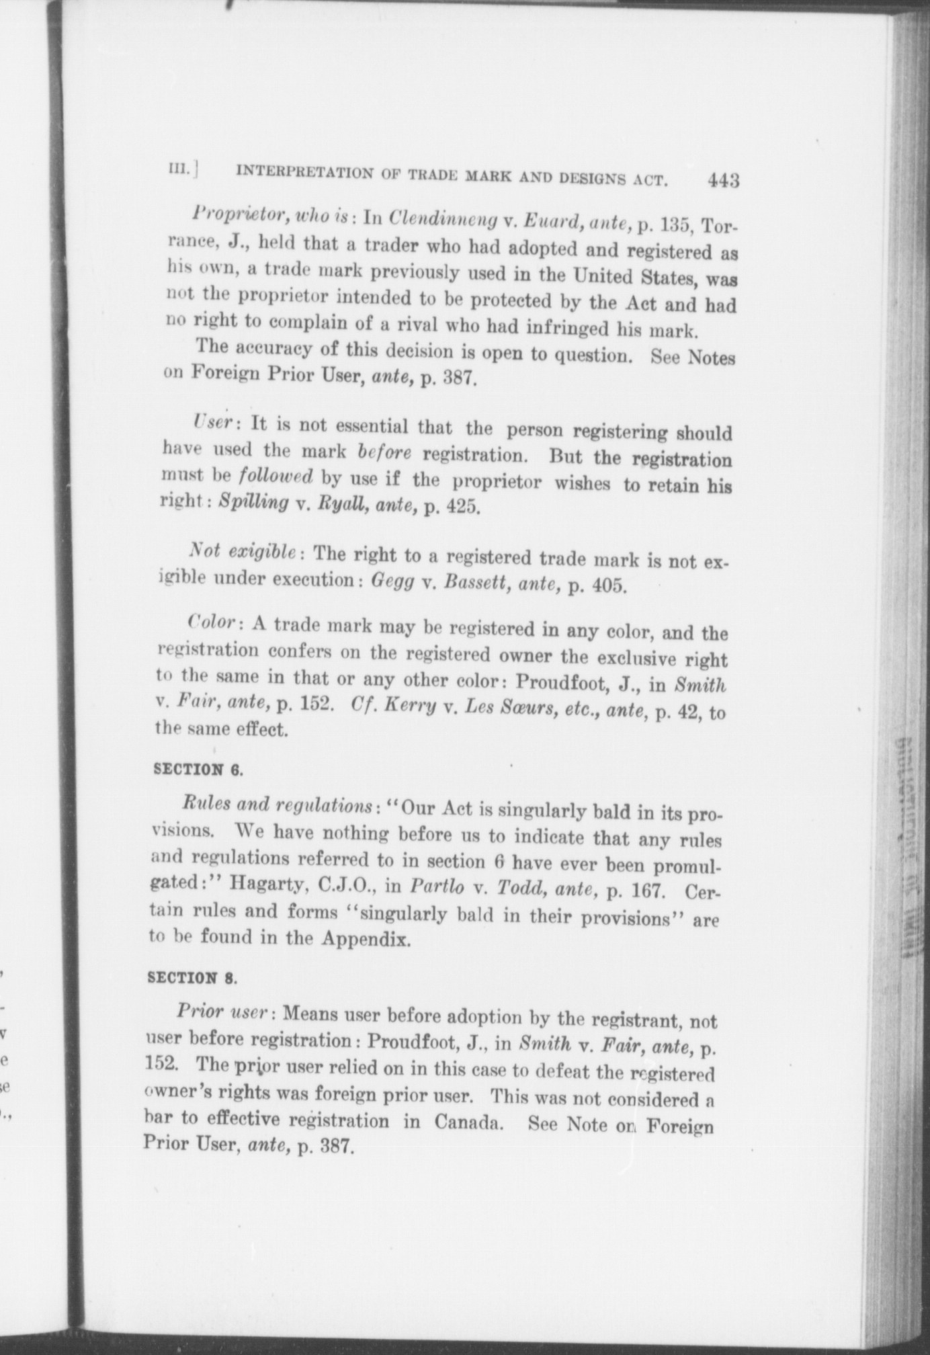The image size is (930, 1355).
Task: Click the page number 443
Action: (722, 180)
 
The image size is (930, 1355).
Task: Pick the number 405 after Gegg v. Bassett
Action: (609, 585)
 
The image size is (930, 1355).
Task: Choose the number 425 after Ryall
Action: (463, 507)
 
